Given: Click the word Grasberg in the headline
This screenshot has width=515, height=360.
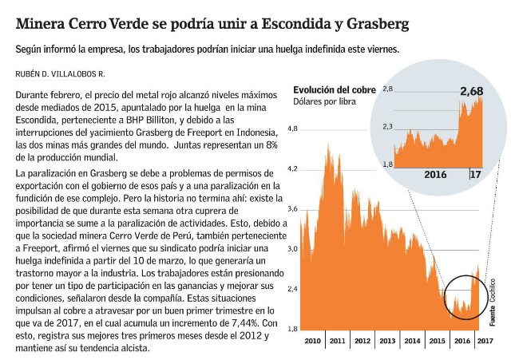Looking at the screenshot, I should tap(377, 24).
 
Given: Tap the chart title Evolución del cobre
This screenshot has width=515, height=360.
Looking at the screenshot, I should tap(333, 89).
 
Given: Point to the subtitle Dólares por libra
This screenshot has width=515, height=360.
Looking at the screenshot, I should tap(325, 101).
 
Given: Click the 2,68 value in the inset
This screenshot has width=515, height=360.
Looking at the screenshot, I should tap(471, 92).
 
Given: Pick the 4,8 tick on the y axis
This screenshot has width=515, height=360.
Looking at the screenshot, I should tap(292, 129).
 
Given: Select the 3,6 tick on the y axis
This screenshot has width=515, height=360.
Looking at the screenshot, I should tap(292, 208).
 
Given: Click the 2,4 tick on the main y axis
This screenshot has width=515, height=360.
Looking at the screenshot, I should tap(292, 289).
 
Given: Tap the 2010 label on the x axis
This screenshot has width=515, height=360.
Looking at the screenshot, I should tap(312, 341).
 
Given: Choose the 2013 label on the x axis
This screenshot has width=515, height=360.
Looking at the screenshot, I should tap(387, 341).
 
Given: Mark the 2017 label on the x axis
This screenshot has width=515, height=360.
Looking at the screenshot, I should tap(485, 341).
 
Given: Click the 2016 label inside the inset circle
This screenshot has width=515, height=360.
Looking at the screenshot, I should tap(436, 174).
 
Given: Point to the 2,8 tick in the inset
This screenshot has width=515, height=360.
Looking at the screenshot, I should tap(388, 89).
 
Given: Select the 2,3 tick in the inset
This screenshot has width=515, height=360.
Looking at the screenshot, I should tap(388, 126).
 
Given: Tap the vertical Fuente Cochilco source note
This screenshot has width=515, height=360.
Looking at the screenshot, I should tap(492, 301).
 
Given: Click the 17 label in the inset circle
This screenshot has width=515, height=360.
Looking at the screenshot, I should tap(474, 174).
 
